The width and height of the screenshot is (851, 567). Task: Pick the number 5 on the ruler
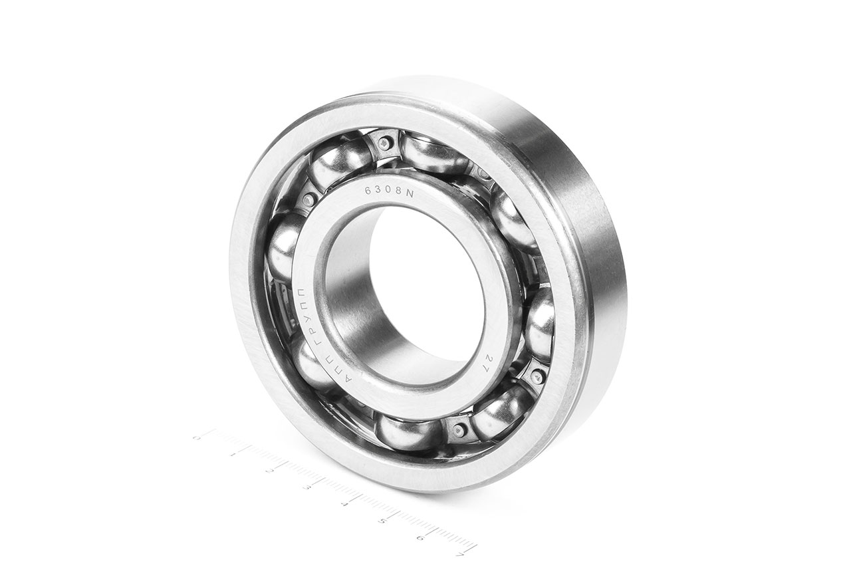pyautogui.click(x=382, y=520)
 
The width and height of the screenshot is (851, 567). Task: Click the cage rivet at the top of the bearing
pyautogui.click(x=385, y=142)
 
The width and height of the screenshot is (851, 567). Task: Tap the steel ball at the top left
pyautogui.click(x=333, y=164)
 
